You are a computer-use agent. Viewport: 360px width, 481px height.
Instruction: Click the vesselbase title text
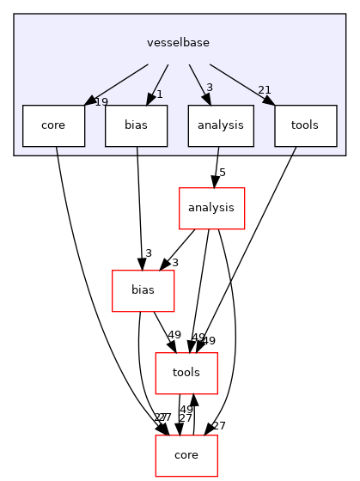pyautogui.click(x=179, y=42)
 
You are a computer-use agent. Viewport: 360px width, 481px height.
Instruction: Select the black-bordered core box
pyautogui.click(x=53, y=125)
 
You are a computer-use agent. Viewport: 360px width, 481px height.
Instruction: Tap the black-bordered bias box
pyautogui.click(x=136, y=125)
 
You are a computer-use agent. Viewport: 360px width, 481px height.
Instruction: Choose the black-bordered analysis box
pyautogui.click(x=220, y=125)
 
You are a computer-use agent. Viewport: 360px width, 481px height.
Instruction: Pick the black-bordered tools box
pyautogui.click(x=305, y=125)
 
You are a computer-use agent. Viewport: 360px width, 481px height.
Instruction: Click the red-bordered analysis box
pyautogui.click(x=211, y=208)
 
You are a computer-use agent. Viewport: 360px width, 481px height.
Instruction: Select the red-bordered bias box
pyautogui.click(x=143, y=290)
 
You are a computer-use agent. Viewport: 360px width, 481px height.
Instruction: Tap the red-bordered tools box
pyautogui.click(x=186, y=373)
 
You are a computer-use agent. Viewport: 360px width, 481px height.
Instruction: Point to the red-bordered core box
pyautogui.click(x=186, y=455)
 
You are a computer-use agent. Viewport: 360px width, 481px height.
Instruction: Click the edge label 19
pyautogui.click(x=101, y=102)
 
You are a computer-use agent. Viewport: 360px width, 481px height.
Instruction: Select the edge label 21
pyautogui.click(x=265, y=90)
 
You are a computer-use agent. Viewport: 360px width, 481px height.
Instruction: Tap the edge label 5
pyautogui.click(x=222, y=174)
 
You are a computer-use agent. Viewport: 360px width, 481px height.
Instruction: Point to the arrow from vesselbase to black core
pyautogui.click(x=116, y=83)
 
